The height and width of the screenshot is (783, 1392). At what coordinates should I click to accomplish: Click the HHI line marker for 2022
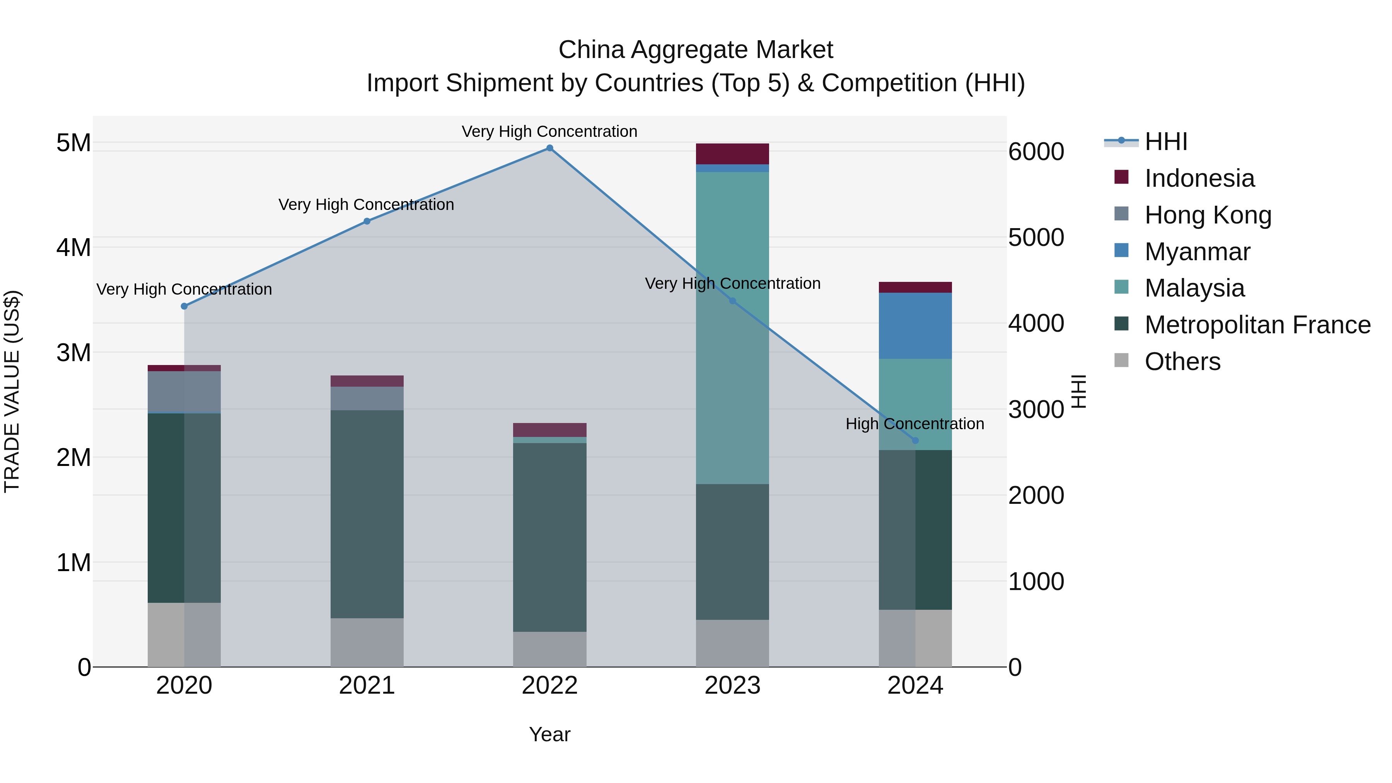(x=549, y=148)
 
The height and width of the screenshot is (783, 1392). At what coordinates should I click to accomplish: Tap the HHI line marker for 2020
(x=184, y=306)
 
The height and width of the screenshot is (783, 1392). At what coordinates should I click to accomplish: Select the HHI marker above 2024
(x=915, y=441)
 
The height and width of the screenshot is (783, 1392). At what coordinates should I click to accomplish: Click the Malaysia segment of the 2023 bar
(x=732, y=328)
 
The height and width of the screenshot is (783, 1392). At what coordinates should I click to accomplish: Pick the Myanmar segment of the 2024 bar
(x=915, y=326)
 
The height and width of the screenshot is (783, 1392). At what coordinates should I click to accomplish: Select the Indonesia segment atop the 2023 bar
(x=732, y=154)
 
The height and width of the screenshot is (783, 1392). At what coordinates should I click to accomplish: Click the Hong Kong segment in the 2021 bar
(x=367, y=398)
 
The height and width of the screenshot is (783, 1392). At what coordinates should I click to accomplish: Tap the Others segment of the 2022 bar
(x=549, y=649)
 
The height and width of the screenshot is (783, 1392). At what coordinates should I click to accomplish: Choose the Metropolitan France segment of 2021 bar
(x=367, y=514)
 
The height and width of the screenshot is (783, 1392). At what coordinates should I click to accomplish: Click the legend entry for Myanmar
(x=1197, y=252)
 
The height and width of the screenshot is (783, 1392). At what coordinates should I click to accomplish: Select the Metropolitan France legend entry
(x=1257, y=325)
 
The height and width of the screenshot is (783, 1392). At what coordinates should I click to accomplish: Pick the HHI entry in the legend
(x=1165, y=142)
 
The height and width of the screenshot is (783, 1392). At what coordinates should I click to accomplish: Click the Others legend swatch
(x=1121, y=360)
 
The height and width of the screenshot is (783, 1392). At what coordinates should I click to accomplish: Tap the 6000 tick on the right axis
(x=1036, y=152)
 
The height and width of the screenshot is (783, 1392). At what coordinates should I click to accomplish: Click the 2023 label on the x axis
(x=732, y=686)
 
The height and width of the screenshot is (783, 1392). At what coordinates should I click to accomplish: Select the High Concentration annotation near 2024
(x=914, y=424)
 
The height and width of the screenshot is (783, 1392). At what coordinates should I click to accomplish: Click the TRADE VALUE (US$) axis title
(x=12, y=391)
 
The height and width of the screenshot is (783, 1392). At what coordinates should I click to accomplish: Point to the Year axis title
(x=549, y=734)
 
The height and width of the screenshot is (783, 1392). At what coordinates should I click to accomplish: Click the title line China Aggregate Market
(x=696, y=50)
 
